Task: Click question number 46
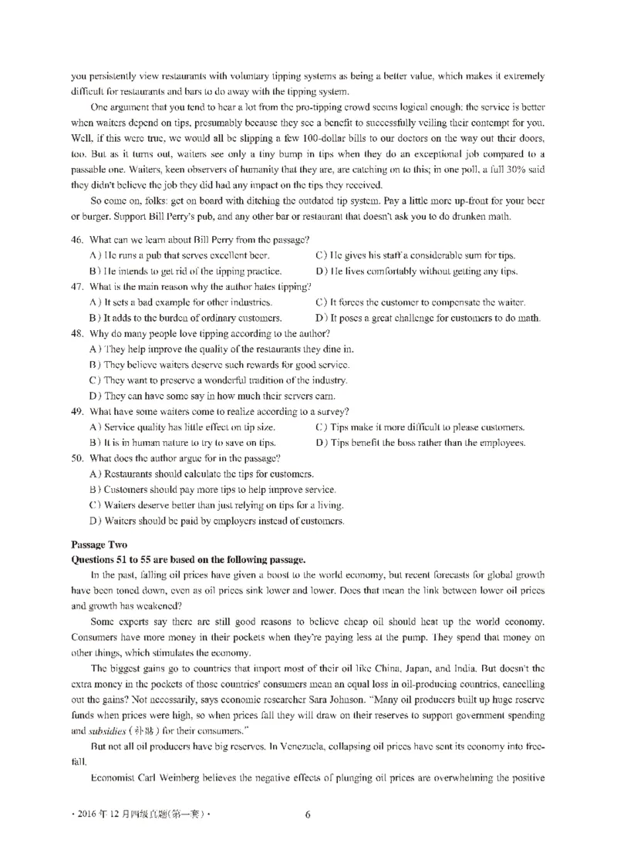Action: click(x=76, y=240)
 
